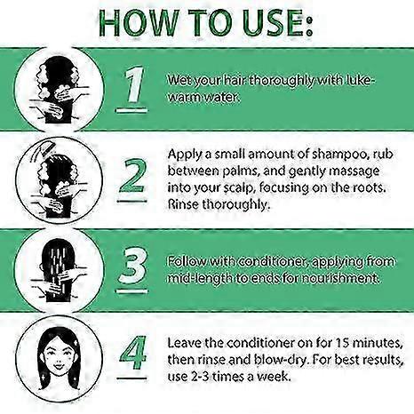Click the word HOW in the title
click(x=139, y=23)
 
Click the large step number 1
click(x=135, y=85)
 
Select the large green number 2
click(x=132, y=176)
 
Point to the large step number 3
click(x=132, y=265)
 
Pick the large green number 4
click(x=133, y=353)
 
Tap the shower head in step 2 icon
click(x=43, y=150)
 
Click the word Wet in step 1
click(x=179, y=80)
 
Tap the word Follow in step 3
click(x=187, y=261)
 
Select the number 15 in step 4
click(x=343, y=343)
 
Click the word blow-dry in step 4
click(x=282, y=360)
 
